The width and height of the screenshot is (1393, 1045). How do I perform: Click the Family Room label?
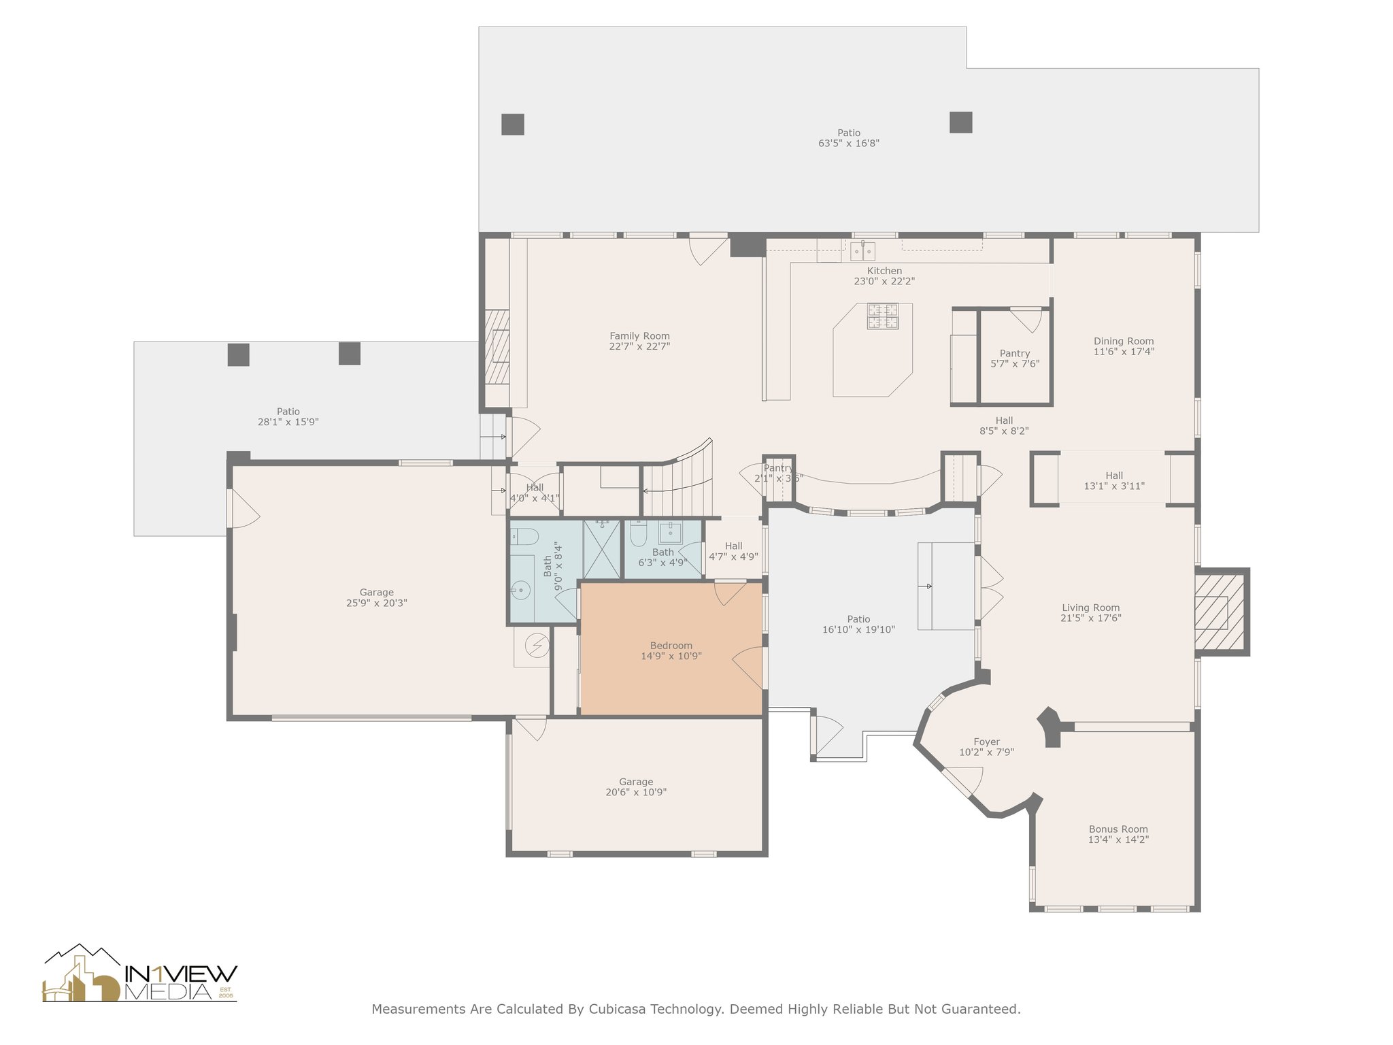coord(639,336)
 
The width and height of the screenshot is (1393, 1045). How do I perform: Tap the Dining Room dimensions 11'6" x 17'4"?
coord(1124,352)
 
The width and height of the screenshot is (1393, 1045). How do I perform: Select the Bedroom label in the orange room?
coord(671,646)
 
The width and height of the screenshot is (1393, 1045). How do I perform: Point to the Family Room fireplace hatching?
coord(497,348)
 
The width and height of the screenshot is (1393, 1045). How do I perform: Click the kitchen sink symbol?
coord(862,250)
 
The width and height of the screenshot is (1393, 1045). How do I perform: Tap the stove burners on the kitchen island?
coord(882,316)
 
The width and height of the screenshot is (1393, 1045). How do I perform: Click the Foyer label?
coord(986,742)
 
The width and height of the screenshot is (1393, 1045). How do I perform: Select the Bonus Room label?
coord(1118,829)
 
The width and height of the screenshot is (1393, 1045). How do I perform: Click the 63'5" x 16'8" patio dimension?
coord(849,144)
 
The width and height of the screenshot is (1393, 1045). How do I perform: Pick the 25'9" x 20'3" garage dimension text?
coord(377,603)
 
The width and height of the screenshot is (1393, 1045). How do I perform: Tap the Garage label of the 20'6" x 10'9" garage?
coord(636,782)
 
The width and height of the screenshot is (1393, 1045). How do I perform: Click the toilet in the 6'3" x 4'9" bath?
coord(638,534)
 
